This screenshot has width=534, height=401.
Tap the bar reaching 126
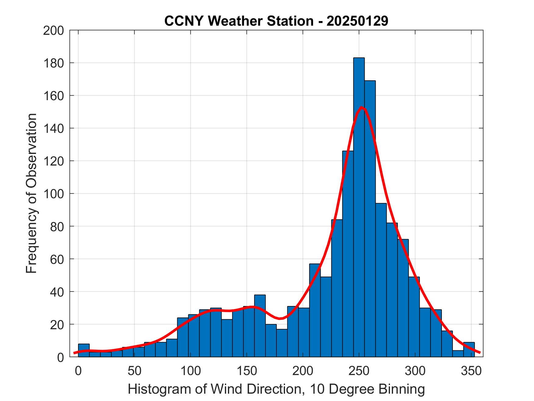click(348, 253)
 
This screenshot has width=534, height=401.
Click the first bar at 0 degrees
click(84, 350)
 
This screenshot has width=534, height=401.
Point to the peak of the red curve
click(362, 107)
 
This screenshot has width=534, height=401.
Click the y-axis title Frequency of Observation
click(31, 193)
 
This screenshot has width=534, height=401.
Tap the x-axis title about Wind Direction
click(276, 389)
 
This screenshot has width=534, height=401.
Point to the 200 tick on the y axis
click(54, 31)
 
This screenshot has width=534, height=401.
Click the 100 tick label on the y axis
click(54, 194)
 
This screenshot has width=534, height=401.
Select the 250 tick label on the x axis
click(359, 371)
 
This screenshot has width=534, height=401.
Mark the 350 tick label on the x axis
click(471, 371)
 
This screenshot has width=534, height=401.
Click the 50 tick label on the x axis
click(134, 371)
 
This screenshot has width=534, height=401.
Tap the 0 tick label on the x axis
click(78, 371)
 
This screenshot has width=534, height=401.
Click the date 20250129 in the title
click(357, 21)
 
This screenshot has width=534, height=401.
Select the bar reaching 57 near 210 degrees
click(315, 310)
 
